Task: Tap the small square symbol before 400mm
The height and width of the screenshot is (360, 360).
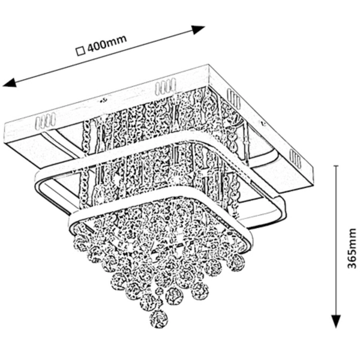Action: point(80,51)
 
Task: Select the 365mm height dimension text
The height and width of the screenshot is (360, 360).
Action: point(352,247)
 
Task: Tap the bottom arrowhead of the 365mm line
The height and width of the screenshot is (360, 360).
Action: point(336,325)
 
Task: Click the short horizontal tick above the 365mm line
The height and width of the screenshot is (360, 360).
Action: point(336,165)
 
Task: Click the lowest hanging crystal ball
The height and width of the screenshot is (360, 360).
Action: point(158,319)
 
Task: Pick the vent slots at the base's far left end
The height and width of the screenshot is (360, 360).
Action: point(46,122)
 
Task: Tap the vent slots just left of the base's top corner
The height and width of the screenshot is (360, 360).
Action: point(166,88)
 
